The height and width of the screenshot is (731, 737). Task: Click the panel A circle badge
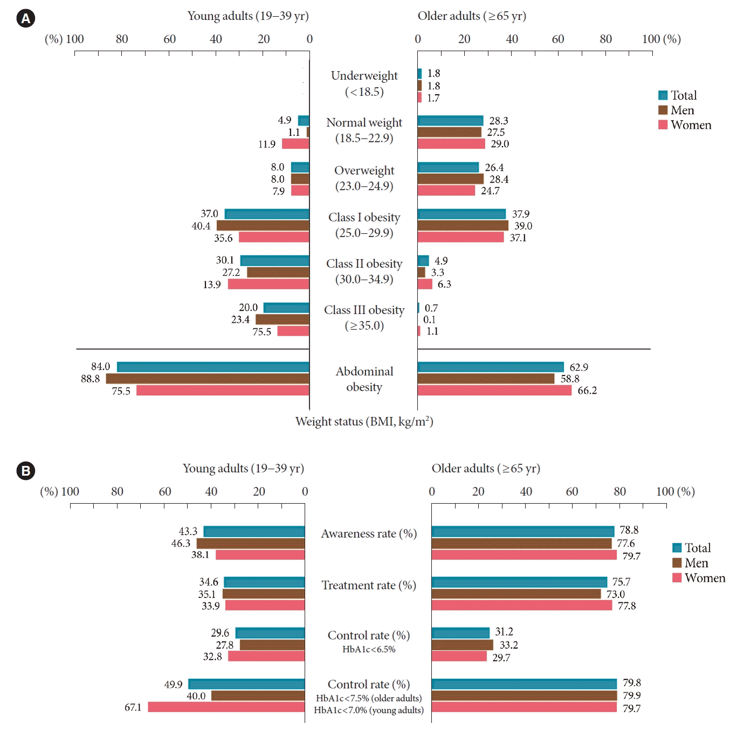(x=25, y=18)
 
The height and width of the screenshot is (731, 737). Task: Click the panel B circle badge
(x=25, y=471)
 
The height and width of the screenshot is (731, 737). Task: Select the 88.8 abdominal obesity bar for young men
(x=208, y=379)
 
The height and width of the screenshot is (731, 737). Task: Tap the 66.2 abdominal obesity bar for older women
(x=494, y=391)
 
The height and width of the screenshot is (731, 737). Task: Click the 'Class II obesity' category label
(x=364, y=264)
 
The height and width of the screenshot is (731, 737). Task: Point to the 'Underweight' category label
(x=364, y=76)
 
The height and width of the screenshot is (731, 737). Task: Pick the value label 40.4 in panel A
(x=201, y=226)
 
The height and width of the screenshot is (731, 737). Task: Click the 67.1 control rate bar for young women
(x=226, y=707)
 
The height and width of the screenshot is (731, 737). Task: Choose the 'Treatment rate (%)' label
(x=369, y=586)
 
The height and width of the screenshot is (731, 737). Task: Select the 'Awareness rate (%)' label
(x=369, y=534)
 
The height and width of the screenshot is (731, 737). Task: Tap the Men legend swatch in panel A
(x=663, y=110)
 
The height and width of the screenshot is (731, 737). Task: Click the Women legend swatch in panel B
(x=677, y=578)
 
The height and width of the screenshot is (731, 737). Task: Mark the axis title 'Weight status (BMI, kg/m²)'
(x=364, y=421)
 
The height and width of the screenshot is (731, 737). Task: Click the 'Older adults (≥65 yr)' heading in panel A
(x=472, y=16)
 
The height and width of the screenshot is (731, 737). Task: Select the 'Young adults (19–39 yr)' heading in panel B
(x=243, y=469)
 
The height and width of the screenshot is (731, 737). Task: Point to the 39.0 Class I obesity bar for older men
(x=463, y=226)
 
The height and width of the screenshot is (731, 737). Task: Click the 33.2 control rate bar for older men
(x=462, y=645)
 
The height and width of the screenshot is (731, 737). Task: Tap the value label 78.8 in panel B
(x=629, y=530)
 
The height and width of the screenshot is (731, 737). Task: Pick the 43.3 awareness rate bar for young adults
(x=254, y=532)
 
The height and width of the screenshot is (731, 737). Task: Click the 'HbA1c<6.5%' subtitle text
(x=369, y=650)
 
